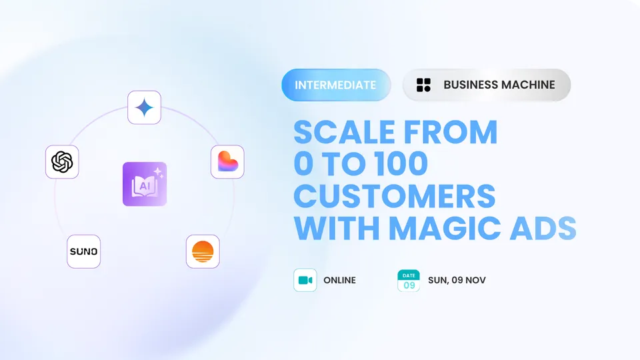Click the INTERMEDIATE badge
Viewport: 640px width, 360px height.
click(x=336, y=85)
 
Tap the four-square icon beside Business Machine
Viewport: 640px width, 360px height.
click(x=424, y=85)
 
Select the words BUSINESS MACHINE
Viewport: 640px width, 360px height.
click(x=499, y=85)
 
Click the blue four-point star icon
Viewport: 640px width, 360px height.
click(x=144, y=108)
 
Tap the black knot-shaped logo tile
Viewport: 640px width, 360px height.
click(x=62, y=161)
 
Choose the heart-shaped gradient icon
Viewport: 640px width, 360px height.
click(x=227, y=161)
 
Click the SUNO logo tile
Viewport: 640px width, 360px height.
click(x=84, y=251)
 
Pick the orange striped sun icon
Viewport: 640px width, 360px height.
click(x=203, y=251)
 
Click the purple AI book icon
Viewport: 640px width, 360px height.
click(x=145, y=184)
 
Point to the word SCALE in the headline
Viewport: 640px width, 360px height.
click(x=345, y=132)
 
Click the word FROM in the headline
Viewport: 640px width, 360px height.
click(x=451, y=132)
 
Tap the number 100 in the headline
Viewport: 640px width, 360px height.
click(x=401, y=164)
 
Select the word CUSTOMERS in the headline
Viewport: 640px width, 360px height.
click(x=395, y=196)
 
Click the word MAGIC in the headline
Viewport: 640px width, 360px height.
click(x=445, y=228)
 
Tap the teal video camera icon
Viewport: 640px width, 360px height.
click(x=305, y=280)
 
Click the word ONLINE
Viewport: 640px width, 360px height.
click(x=339, y=281)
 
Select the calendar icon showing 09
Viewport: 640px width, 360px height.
click(x=409, y=281)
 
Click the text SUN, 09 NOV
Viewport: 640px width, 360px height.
click(x=457, y=281)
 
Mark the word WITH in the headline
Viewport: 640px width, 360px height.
click(x=337, y=228)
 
